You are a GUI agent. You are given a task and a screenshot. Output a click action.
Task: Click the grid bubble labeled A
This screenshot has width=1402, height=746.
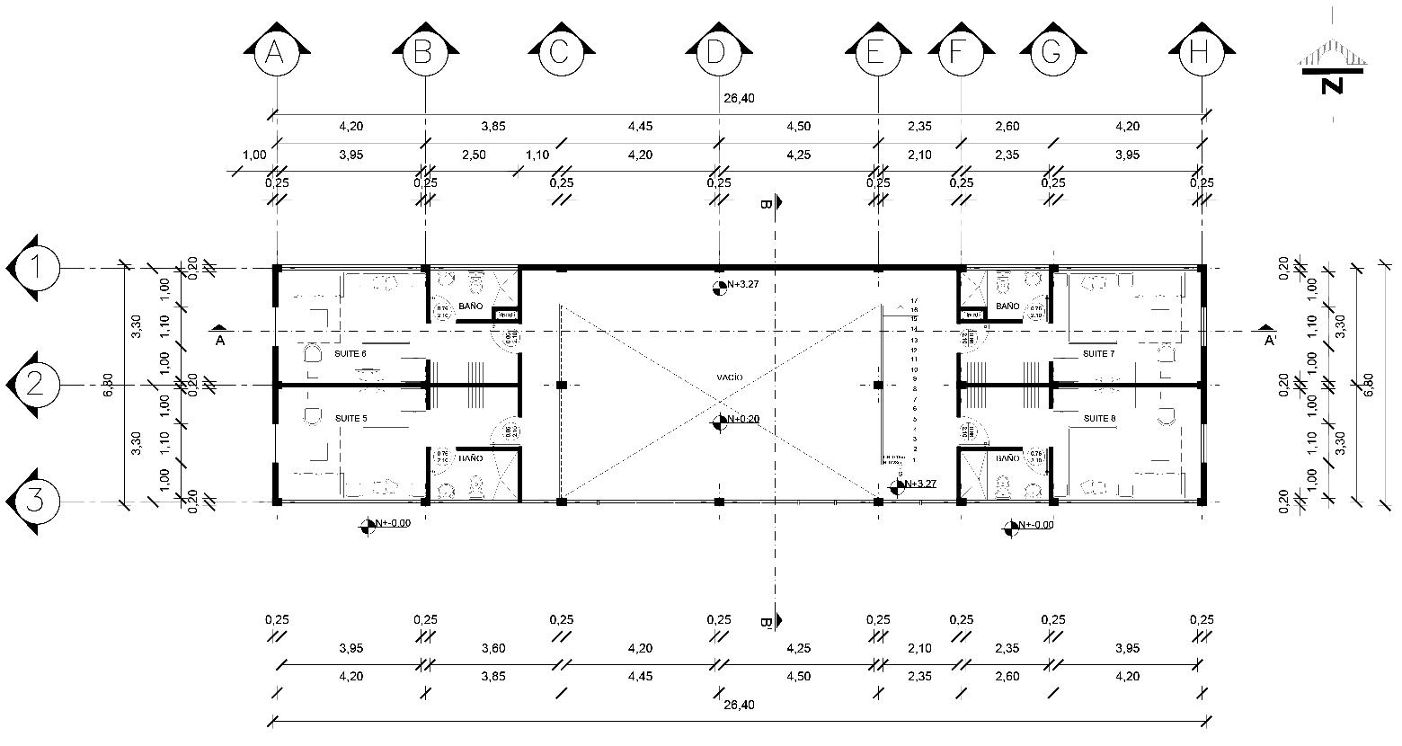pos(275,54)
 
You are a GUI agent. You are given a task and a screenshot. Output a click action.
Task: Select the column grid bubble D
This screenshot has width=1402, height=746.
pos(717,54)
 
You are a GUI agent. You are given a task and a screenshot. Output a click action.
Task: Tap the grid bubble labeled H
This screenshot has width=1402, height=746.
pos(1199,54)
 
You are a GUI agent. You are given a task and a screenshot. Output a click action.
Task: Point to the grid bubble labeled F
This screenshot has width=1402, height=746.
pos(961,54)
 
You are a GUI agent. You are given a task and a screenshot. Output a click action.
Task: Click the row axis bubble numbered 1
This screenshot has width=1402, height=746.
pos(35,268)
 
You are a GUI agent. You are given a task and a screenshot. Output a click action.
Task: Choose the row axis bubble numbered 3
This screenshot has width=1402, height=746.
pos(35,501)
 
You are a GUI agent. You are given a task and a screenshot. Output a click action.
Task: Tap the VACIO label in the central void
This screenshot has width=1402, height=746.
pos(730,377)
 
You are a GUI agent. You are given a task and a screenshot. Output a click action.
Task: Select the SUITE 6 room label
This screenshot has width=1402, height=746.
pos(350,354)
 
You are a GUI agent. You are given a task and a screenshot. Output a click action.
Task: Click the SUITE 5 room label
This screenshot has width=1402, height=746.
pos(350,419)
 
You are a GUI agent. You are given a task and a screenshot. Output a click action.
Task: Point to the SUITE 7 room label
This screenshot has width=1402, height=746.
pos(1098,354)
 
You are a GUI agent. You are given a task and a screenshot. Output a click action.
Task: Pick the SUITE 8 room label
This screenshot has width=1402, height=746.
pos(1098,419)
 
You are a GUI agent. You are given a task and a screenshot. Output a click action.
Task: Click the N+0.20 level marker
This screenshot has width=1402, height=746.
pos(743,420)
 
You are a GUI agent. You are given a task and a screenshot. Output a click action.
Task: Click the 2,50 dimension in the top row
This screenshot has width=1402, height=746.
pos(474,155)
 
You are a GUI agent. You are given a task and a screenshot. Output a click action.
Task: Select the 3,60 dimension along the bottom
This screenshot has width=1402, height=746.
pos(492,648)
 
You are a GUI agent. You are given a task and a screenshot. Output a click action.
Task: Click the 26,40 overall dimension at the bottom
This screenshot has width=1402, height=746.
pos(737,706)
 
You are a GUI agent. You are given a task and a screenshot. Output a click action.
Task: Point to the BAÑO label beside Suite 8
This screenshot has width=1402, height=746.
pos(1008,458)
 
